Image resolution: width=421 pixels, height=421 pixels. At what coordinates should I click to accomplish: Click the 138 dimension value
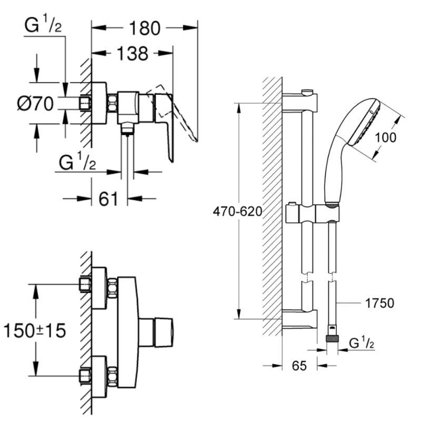click(x=133, y=53)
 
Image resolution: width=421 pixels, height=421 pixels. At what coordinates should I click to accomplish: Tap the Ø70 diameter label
click(x=35, y=103)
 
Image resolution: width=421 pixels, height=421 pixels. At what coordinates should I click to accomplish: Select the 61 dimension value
click(x=108, y=199)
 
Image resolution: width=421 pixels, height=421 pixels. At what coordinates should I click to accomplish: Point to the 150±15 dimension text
click(x=35, y=330)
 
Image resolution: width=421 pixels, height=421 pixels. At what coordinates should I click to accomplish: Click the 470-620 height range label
click(x=237, y=212)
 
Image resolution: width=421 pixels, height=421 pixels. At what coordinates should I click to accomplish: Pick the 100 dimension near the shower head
click(x=386, y=137)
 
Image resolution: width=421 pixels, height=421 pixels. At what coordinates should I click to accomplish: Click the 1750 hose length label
click(x=379, y=303)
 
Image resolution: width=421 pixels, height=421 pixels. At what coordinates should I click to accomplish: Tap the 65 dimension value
click(x=299, y=366)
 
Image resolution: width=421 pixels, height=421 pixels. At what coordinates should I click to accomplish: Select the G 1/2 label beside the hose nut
click(x=362, y=343)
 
